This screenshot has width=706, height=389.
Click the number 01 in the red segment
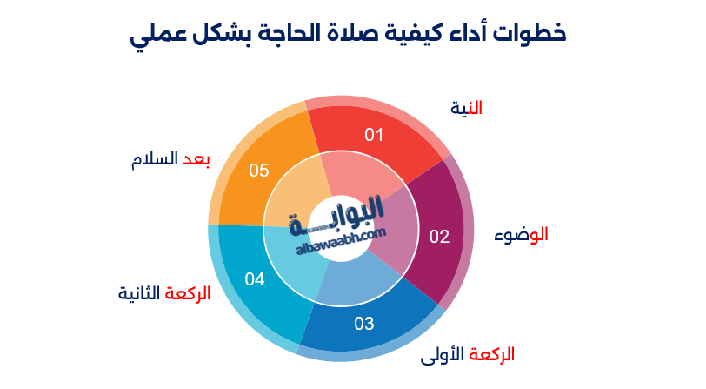click(x=374, y=135)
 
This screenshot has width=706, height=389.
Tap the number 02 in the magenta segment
click(x=439, y=236)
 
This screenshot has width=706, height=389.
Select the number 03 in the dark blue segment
click(x=363, y=324)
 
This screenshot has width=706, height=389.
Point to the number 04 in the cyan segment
click(x=255, y=279)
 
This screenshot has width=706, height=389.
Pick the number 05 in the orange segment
click(x=259, y=170)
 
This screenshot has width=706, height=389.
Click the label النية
click(x=466, y=108)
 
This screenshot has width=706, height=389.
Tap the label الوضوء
click(x=521, y=234)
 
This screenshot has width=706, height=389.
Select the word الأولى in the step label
click(x=443, y=355)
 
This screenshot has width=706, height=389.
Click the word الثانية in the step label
click(x=140, y=294)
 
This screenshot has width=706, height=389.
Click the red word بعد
click(x=196, y=159)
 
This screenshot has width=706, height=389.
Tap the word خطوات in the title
click(x=528, y=34)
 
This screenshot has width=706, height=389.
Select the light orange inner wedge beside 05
click(x=296, y=197)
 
